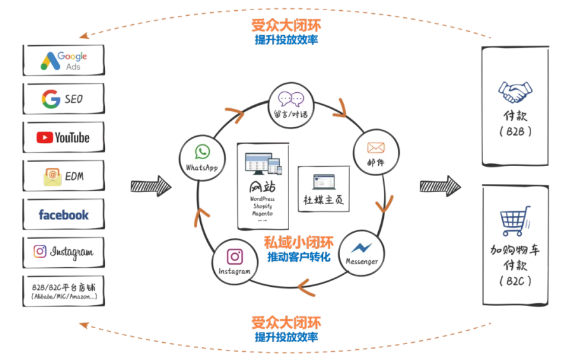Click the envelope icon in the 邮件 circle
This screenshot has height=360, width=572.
[376, 148]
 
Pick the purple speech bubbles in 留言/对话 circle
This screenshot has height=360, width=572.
[292, 99]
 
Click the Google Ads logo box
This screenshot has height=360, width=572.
[64, 60]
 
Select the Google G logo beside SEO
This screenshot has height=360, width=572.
[51, 99]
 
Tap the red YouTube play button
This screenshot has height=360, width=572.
[45, 137]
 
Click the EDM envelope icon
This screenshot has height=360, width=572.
[51, 175]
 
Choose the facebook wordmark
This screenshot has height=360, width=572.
[64, 215]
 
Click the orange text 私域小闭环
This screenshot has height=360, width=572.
[290, 242]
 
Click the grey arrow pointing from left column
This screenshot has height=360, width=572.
[150, 186]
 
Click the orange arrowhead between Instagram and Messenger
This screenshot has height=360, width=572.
[308, 287]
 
